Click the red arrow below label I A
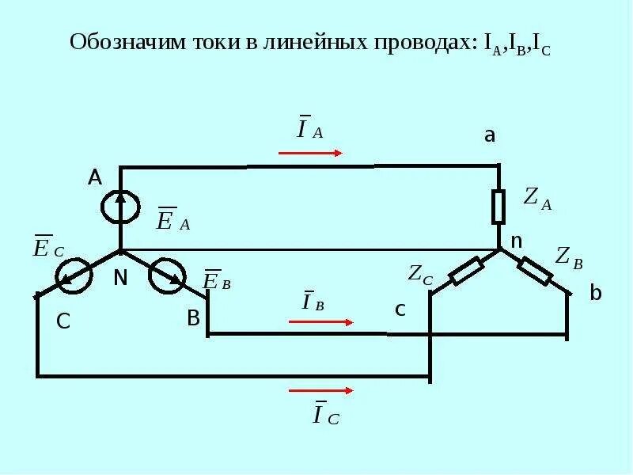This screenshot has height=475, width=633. pyautogui.click(x=310, y=153)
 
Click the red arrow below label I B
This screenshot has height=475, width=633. pyautogui.click(x=320, y=322)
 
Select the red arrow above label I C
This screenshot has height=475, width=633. pyautogui.click(x=320, y=390)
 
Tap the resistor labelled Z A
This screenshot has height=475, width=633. pyautogui.click(x=498, y=207)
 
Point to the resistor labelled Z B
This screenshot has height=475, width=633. pyautogui.click(x=535, y=270)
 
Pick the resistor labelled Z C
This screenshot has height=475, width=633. pyautogui.click(x=467, y=272)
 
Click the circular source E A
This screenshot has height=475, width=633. pyautogui.click(x=120, y=207)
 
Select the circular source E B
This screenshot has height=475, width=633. pyautogui.click(x=168, y=275)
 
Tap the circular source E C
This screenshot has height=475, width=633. pyautogui.click(x=73, y=275)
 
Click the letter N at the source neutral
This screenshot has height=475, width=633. pyautogui.click(x=120, y=278)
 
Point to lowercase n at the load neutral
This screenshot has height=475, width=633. pyautogui.click(x=516, y=241)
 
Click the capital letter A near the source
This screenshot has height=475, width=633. pyautogui.click(x=95, y=178)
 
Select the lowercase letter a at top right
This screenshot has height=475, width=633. pyautogui.click(x=490, y=135)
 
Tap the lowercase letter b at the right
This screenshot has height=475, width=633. pyautogui.click(x=596, y=294)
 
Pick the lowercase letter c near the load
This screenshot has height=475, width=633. pyautogui.click(x=400, y=310)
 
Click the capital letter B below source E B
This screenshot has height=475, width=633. pyautogui.click(x=193, y=318)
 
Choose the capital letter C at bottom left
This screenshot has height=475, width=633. pyautogui.click(x=64, y=322)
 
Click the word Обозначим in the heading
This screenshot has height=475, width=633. pyautogui.click(x=127, y=43)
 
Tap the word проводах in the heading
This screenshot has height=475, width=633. pyautogui.click(x=420, y=43)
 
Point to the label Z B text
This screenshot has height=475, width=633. pyautogui.click(x=569, y=256)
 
